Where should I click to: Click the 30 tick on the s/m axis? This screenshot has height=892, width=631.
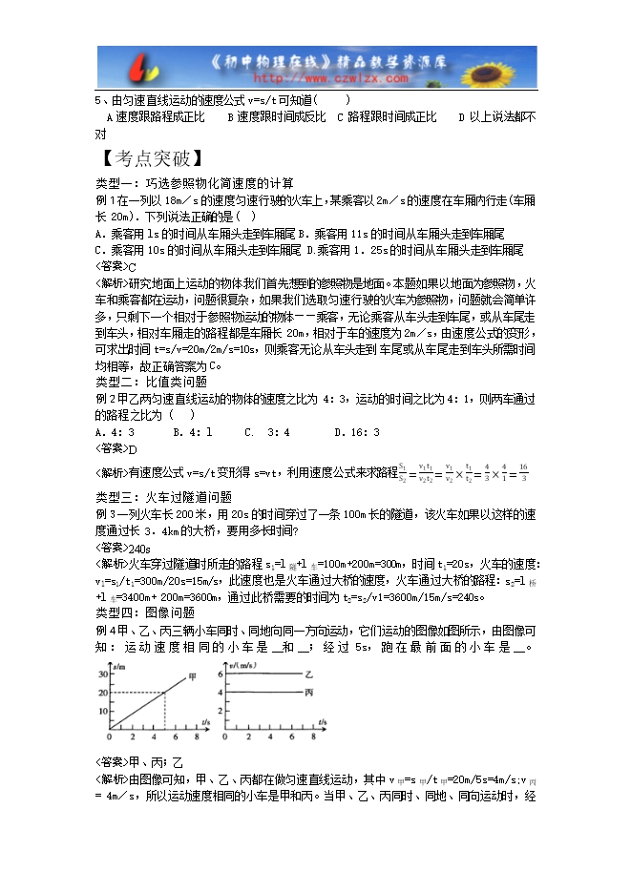(x=102, y=674)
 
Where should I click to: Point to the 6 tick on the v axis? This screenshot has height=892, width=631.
(x=220, y=674)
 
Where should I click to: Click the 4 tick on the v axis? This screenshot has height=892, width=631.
(x=220, y=692)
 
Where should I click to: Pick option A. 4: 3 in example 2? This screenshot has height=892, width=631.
(x=116, y=432)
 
